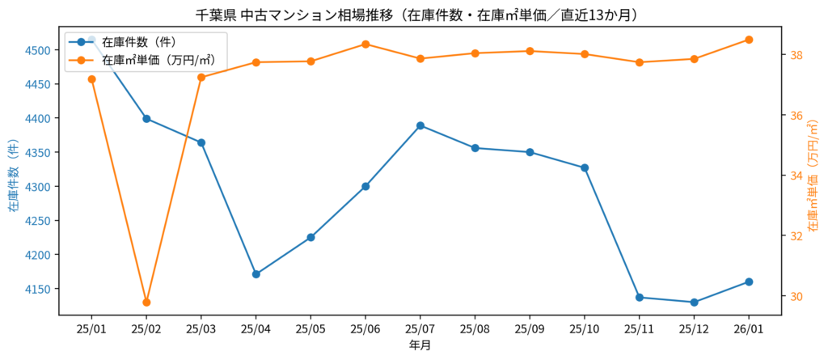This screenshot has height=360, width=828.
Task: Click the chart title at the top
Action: click(x=417, y=15)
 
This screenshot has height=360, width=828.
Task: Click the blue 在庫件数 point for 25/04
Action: click(x=256, y=274)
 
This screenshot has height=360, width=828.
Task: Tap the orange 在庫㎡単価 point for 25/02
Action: click(x=146, y=303)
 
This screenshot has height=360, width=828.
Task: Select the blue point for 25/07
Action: click(x=420, y=125)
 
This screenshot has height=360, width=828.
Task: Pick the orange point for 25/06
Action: click(x=365, y=44)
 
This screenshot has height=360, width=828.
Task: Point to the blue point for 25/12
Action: click(x=694, y=303)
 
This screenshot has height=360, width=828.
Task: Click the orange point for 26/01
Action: click(x=749, y=40)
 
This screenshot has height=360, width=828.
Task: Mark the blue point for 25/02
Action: click(x=146, y=119)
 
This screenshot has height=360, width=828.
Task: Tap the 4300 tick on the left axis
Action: click(x=40, y=187)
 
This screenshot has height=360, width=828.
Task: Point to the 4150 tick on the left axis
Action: click(x=40, y=289)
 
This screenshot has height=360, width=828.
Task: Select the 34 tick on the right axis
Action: click(x=796, y=176)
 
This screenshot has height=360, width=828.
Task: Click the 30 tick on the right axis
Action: click(x=796, y=296)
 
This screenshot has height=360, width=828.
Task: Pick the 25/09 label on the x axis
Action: click(x=530, y=329)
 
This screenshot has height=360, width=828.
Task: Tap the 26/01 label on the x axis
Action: click(x=749, y=329)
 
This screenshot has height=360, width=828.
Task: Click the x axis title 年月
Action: click(x=420, y=345)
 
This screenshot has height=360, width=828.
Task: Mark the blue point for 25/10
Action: click(x=585, y=167)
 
